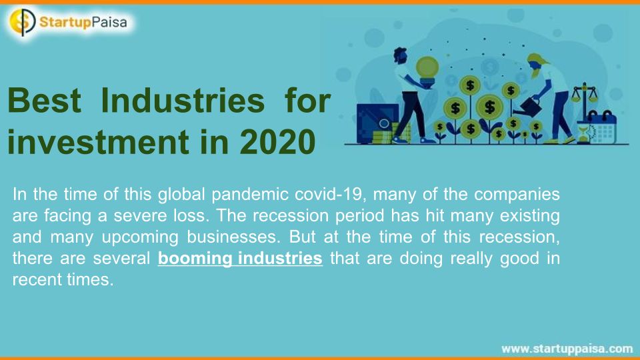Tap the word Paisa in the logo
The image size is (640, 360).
tap(109, 22)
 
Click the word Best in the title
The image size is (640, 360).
tap(44, 101)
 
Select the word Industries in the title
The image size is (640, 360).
tap(183, 101)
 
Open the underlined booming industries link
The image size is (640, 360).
tap(240, 259)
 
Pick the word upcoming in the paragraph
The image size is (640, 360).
tap(140, 238)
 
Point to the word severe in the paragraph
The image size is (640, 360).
tap(140, 216)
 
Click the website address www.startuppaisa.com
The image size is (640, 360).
tap(567, 349)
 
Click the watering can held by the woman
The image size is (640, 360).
tap(529, 107)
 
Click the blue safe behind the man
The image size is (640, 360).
tap(377, 124)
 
